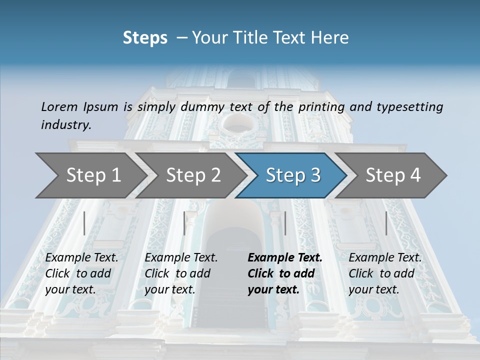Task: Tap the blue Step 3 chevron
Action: click(x=293, y=175)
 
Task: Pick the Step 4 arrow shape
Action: click(x=393, y=175)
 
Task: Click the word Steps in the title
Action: click(x=145, y=37)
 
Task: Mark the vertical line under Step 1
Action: click(x=84, y=223)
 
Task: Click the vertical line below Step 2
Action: click(x=184, y=223)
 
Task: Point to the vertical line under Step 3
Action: click(x=285, y=223)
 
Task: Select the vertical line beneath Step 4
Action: click(x=386, y=223)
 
